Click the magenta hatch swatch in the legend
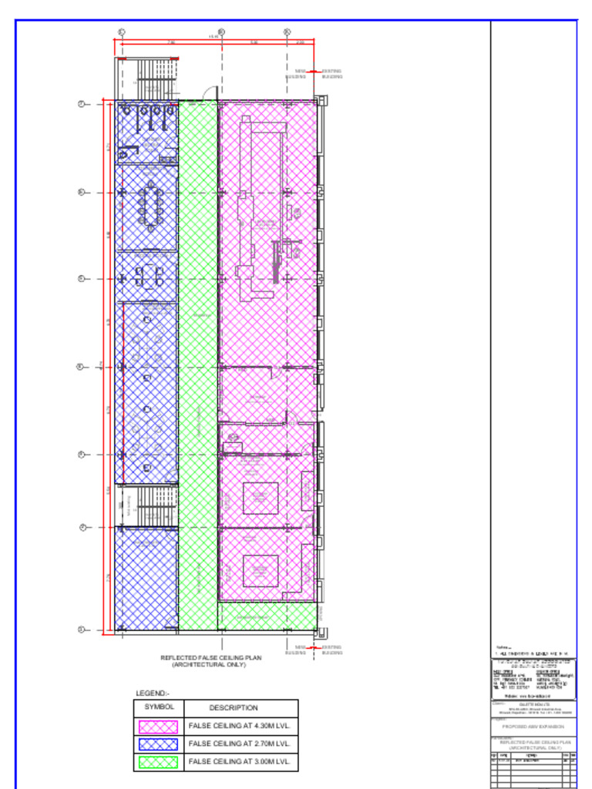click(x=158, y=726)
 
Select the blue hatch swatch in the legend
click(x=158, y=744)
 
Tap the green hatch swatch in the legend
click(x=158, y=762)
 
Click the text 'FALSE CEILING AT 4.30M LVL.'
click(x=239, y=726)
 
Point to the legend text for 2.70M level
click(x=239, y=744)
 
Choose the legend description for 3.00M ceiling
click(x=239, y=762)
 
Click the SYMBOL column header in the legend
click(x=158, y=707)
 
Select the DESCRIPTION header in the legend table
click(x=233, y=707)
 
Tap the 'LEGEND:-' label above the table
click(x=152, y=693)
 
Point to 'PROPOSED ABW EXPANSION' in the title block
click(x=533, y=727)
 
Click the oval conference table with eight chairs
click(x=150, y=206)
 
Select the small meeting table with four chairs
click(x=146, y=275)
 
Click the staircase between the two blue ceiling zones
click(x=147, y=506)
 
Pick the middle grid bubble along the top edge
click(x=221, y=32)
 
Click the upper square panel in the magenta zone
click(x=261, y=498)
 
